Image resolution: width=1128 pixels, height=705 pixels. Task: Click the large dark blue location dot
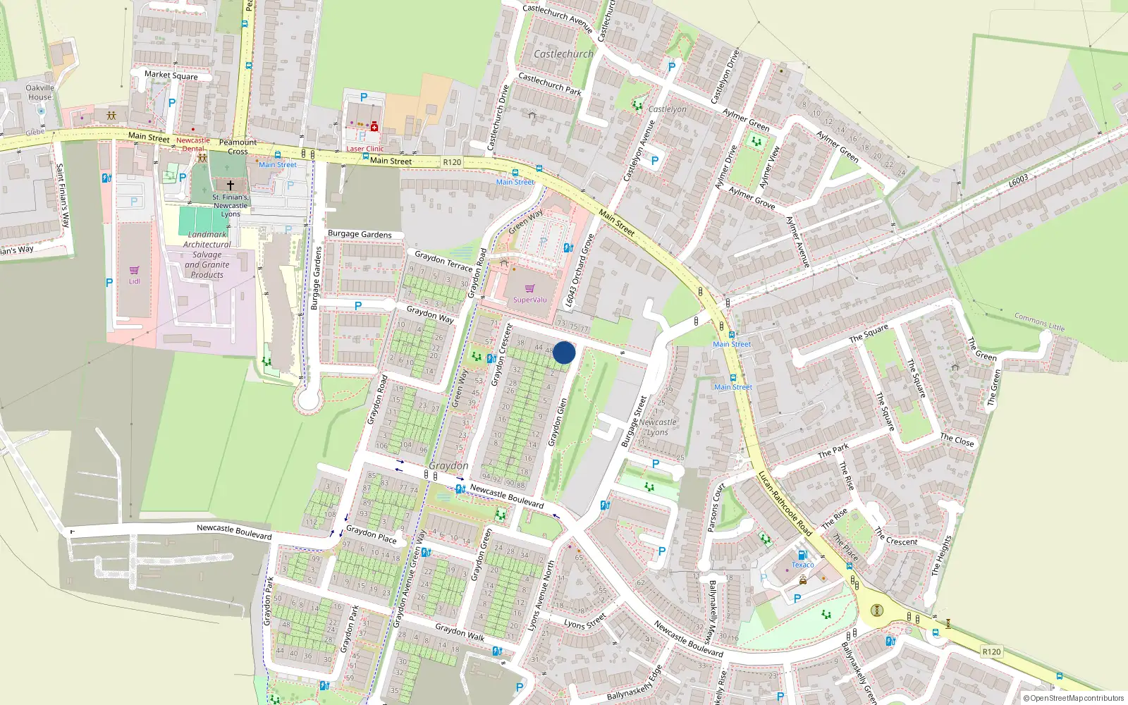[564, 352]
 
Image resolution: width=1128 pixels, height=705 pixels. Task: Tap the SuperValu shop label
[529, 300]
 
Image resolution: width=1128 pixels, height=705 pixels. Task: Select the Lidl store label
[134, 281]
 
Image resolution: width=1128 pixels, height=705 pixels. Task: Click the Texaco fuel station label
[802, 565]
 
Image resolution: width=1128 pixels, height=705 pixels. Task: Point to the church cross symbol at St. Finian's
[230, 185]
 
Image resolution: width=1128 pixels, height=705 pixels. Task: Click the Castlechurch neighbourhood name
[563, 54]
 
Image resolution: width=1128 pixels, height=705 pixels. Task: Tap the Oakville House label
[39, 92]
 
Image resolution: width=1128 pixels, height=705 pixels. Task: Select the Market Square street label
[171, 75]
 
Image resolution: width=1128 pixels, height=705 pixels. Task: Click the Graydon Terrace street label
[443, 261]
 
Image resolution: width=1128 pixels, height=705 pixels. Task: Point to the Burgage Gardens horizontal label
[360, 234]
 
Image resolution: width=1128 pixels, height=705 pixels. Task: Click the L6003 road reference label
[1018, 181]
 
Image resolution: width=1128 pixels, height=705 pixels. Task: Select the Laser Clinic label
[364, 149]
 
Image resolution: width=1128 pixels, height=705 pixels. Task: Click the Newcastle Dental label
[193, 144]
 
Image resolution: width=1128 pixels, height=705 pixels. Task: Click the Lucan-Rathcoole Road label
[785, 503]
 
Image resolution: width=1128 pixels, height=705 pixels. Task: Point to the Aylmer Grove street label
[752, 198]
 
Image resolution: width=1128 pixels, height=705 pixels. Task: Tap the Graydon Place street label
[371, 534]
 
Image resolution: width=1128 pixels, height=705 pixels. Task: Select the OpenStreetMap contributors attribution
[1073, 698]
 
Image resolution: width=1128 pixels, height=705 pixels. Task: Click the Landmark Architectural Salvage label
[207, 255]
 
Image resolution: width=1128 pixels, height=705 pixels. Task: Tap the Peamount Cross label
[238, 147]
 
